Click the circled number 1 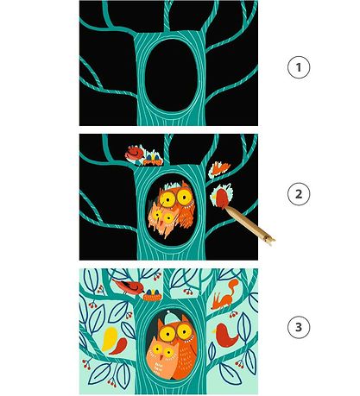[299, 67]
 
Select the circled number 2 [299, 194]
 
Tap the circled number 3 [299, 327]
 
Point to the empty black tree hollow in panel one [171, 75]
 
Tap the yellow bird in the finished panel [110, 338]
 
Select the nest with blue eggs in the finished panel [152, 295]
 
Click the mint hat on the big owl [172, 317]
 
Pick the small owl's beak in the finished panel [161, 357]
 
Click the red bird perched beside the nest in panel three [129, 286]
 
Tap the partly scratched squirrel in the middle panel [219, 168]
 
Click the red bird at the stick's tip [222, 198]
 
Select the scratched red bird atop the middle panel [135, 153]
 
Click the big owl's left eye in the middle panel [167, 199]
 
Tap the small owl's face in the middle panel [162, 217]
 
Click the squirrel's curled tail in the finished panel [233, 286]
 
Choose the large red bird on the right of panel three [226, 335]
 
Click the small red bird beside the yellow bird [119, 346]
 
